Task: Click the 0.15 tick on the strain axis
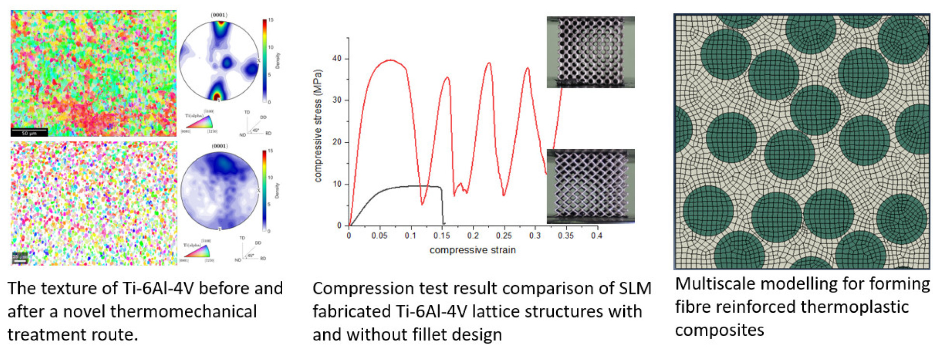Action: (x=441, y=235)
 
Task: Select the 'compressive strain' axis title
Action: (x=472, y=250)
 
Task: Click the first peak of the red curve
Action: (x=390, y=60)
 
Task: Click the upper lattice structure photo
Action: (x=590, y=52)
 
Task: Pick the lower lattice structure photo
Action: (x=590, y=186)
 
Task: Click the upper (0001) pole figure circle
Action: (x=220, y=61)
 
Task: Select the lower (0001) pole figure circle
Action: (x=220, y=191)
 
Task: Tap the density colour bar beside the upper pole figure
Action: (x=264, y=61)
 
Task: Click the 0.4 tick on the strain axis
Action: (x=597, y=235)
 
